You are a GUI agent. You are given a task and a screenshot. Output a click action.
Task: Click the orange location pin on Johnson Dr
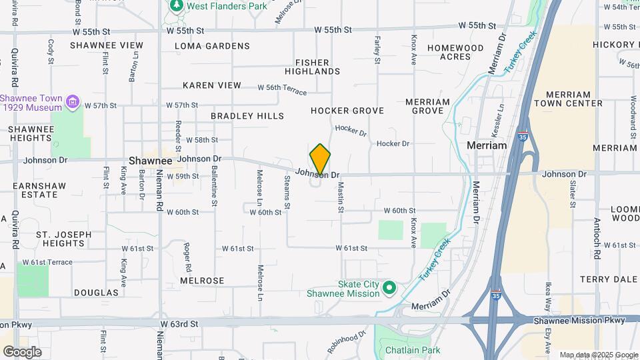tap(320, 159)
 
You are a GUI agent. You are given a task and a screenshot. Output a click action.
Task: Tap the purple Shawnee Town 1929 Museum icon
tap(73, 103)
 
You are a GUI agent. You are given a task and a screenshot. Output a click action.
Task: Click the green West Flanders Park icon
tap(176, 6)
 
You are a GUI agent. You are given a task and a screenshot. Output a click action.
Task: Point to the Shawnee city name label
tap(150, 161)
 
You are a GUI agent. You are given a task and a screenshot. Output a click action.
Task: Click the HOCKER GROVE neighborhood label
tap(347, 111)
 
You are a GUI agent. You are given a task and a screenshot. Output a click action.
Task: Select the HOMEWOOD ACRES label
tap(455, 53)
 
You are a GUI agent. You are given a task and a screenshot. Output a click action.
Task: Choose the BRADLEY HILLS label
tap(247, 116)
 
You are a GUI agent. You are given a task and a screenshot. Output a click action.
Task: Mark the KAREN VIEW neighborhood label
tap(212, 86)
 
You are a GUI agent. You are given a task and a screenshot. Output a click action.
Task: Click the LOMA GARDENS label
tap(212, 46)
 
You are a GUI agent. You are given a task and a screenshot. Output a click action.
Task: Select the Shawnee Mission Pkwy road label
tap(578, 321)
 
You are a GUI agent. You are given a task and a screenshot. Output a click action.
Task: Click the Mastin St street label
tap(340, 197)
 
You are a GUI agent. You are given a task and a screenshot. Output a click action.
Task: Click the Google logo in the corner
tap(23, 351)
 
